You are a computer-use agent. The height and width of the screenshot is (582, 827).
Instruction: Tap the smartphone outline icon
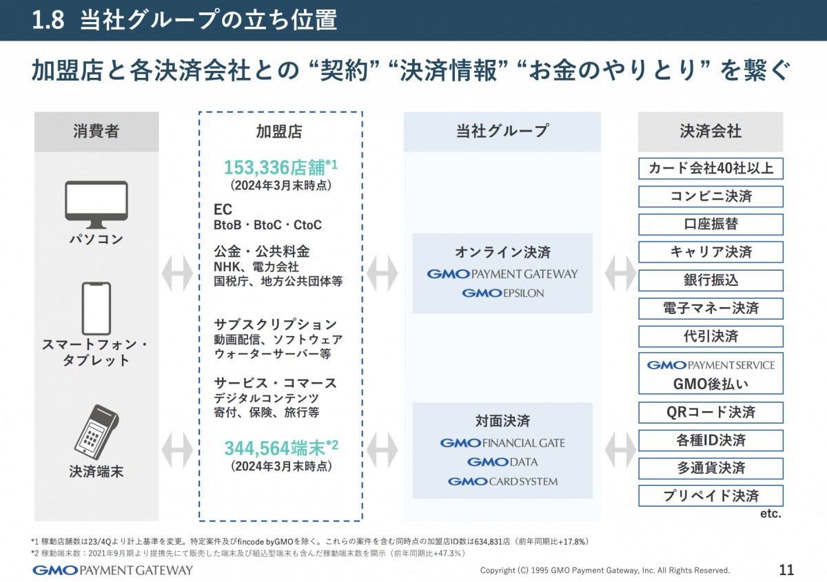pos(96,308)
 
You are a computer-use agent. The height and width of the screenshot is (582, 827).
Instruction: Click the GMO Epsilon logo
pos(502,293)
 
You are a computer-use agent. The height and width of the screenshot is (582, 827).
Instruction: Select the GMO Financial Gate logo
pos(502,443)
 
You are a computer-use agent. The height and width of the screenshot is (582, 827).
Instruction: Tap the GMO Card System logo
pos(502,481)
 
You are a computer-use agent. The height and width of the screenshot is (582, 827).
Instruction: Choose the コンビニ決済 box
pos(711,196)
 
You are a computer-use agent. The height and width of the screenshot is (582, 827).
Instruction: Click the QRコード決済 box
pos(711,412)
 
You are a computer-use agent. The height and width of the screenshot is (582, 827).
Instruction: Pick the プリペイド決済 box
pos(711,496)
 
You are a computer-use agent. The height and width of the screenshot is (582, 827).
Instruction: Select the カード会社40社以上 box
pos(711,168)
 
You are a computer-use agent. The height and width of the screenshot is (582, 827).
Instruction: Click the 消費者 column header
pos(96,132)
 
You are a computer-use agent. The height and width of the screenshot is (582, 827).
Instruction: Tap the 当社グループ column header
pos(502,132)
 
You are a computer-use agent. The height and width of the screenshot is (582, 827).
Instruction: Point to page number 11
pos(786,570)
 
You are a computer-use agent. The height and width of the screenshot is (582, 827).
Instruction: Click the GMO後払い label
pos(711,384)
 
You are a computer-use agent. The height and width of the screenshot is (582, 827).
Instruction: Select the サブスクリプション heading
pos(275,324)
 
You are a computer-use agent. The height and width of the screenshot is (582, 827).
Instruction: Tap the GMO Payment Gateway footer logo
pos(113,570)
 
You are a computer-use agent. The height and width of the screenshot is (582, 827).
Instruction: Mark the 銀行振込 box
pos(711,280)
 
